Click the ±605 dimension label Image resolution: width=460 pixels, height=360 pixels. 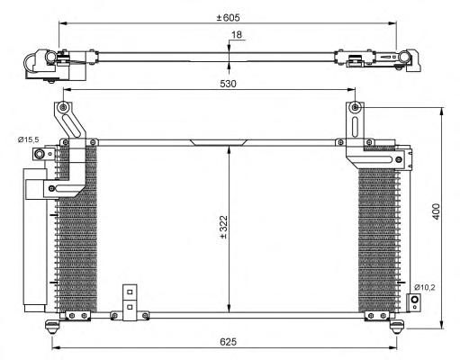click(228, 18)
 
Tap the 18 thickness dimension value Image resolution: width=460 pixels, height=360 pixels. click(237, 35)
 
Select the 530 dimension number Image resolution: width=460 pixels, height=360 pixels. click(228, 84)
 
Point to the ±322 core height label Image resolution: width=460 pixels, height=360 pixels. click(224, 227)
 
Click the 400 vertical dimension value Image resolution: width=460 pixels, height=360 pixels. click(437, 211)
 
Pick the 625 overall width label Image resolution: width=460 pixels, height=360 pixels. click(228, 342)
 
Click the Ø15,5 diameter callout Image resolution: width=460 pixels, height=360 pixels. click(28, 139)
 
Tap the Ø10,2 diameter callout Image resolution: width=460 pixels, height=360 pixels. click(425, 287)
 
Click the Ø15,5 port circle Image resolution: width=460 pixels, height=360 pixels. click(39, 155)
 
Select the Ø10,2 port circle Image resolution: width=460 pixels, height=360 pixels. click(414, 300)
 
